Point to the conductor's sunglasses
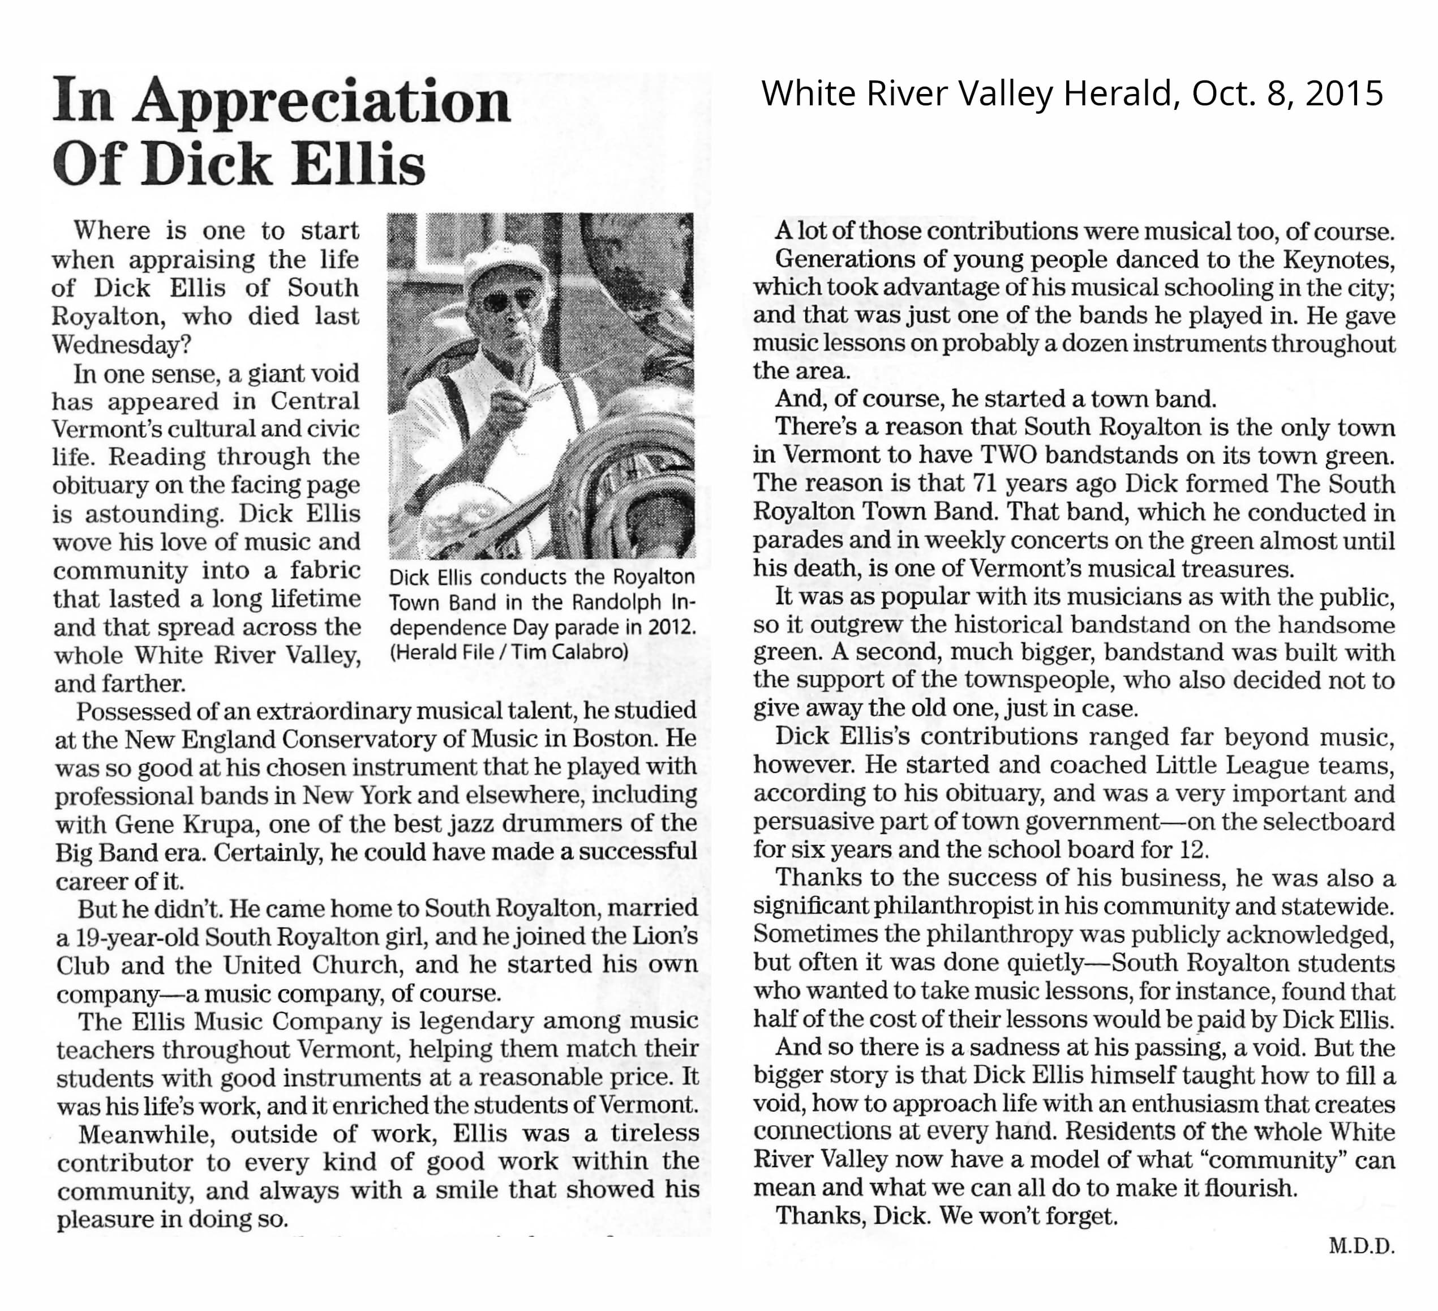pos(508,300)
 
